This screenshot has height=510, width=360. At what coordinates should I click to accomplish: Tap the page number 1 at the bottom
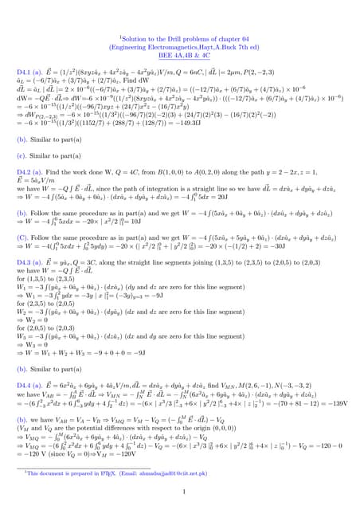180,492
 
